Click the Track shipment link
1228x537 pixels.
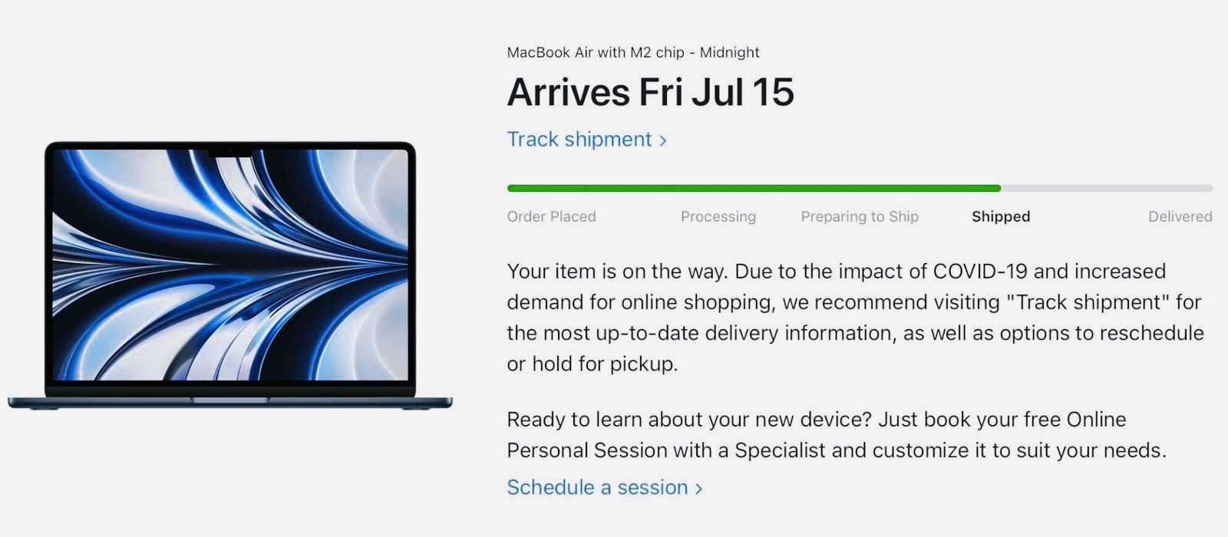[x=586, y=140]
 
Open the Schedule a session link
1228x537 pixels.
[x=604, y=487]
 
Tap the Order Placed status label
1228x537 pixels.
[x=552, y=216]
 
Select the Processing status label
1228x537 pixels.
[x=718, y=217]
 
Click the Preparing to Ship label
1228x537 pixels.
[x=860, y=217]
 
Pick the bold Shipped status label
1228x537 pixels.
[x=1001, y=217]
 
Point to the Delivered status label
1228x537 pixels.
[x=1180, y=216]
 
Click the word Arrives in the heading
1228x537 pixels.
[x=569, y=92]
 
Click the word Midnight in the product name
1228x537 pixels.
[x=730, y=53]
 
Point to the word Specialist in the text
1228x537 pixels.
[x=780, y=450]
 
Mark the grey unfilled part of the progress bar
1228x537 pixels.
[x=1107, y=189]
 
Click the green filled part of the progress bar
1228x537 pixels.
[x=754, y=189]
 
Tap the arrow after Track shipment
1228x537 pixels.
[x=663, y=141]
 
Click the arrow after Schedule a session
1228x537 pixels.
[x=698, y=488]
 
